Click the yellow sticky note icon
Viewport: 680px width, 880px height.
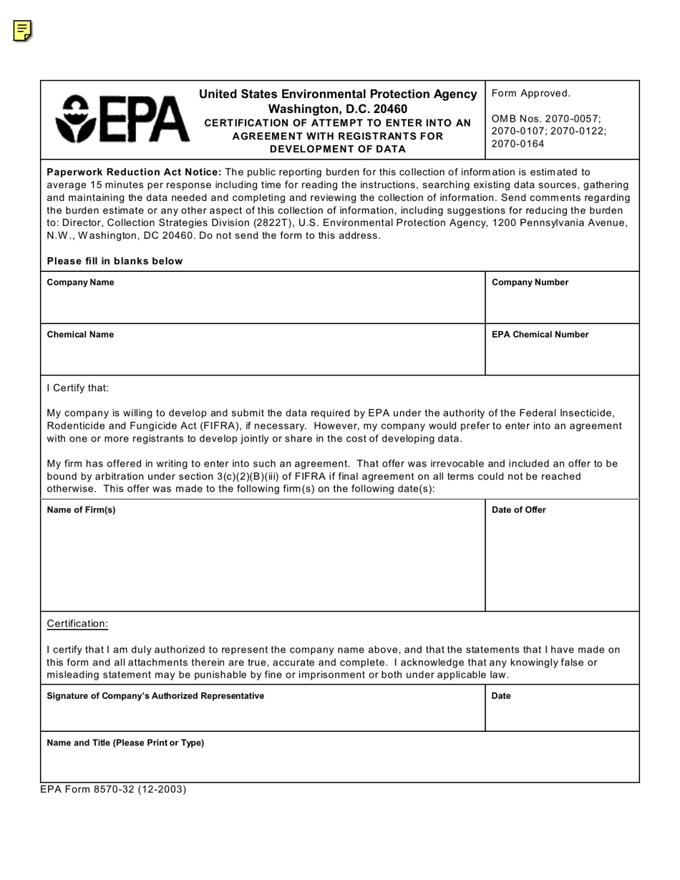click(22, 31)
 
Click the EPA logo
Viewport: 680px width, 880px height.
click(122, 119)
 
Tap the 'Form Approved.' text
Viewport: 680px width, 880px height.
click(530, 93)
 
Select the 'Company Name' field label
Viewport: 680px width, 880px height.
click(80, 282)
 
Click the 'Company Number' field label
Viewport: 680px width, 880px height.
click(530, 282)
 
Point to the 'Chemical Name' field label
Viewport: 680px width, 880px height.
click(80, 334)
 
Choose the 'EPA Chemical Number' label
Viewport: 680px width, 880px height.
click(540, 334)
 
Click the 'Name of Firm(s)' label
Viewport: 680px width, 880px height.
click(81, 509)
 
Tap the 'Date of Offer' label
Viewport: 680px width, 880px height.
click(518, 509)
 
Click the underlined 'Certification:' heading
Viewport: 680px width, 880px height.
click(77, 623)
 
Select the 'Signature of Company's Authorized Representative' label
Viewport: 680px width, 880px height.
click(155, 695)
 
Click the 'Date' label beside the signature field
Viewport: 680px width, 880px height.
click(501, 695)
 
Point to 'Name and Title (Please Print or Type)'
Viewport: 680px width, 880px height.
click(125, 743)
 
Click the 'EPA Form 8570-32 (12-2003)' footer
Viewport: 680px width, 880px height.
click(113, 789)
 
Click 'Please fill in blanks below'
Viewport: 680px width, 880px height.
click(115, 260)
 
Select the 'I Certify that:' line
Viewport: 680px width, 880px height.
click(78, 388)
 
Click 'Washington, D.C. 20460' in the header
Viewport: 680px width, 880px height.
click(338, 109)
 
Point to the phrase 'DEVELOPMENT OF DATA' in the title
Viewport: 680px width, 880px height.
click(338, 149)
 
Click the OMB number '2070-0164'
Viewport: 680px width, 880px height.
click(518, 144)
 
